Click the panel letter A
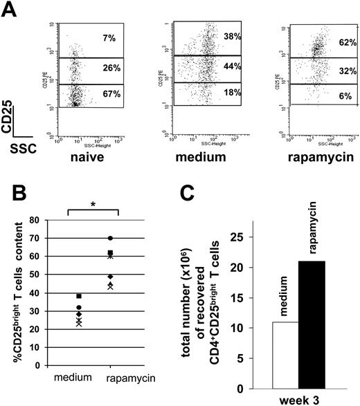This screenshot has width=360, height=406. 10,10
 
